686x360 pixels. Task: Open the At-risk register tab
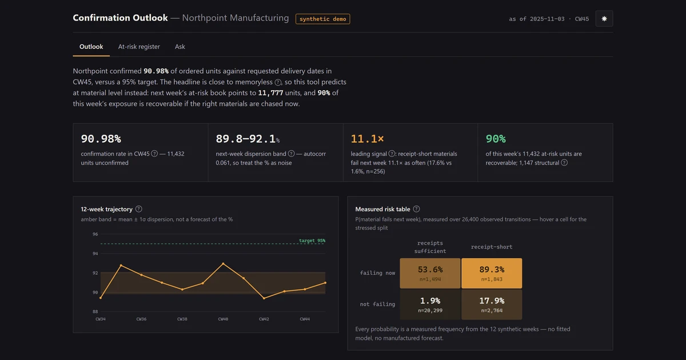pyautogui.click(x=139, y=46)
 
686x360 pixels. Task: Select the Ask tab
pyautogui.click(x=180, y=46)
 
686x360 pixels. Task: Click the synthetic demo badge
pyautogui.click(x=323, y=19)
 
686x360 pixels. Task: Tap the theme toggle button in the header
pyautogui.click(x=604, y=19)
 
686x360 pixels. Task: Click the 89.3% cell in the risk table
pyautogui.click(x=492, y=273)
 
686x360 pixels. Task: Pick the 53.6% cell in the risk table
pyautogui.click(x=430, y=273)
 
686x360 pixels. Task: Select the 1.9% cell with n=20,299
pyautogui.click(x=430, y=305)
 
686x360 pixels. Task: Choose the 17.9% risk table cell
pyautogui.click(x=492, y=305)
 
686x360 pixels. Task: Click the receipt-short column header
pyautogui.click(x=492, y=247)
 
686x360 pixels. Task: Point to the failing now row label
pyautogui.click(x=377, y=273)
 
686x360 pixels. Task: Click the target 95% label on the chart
pyautogui.click(x=312, y=241)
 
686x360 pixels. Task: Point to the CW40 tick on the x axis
pyautogui.click(x=223, y=319)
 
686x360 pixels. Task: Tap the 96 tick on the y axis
pyautogui.click(x=95, y=234)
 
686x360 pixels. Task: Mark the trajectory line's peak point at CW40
pyautogui.click(x=223, y=263)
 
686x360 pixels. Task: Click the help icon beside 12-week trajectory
pyautogui.click(x=139, y=209)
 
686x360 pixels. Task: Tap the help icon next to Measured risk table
pyautogui.click(x=416, y=209)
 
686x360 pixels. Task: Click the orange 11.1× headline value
pyautogui.click(x=367, y=139)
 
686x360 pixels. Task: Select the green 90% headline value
pyautogui.click(x=496, y=139)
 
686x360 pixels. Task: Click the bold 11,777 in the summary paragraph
pyautogui.click(x=270, y=93)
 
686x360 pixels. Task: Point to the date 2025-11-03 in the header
pyautogui.click(x=547, y=19)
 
